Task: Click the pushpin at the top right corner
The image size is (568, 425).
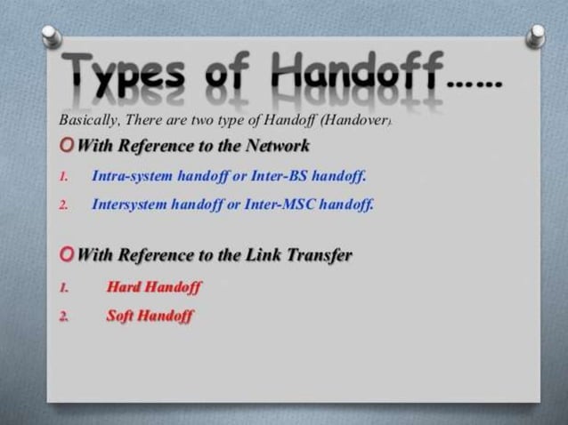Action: click(535, 36)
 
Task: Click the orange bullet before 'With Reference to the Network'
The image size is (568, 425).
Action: click(67, 146)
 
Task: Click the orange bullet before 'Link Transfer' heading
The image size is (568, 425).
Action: click(67, 255)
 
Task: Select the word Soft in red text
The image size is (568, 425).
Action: click(120, 315)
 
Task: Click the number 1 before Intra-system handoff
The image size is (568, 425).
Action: click(64, 176)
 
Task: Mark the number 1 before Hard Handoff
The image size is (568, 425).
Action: click(64, 287)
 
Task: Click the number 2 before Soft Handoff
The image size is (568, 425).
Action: click(64, 316)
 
